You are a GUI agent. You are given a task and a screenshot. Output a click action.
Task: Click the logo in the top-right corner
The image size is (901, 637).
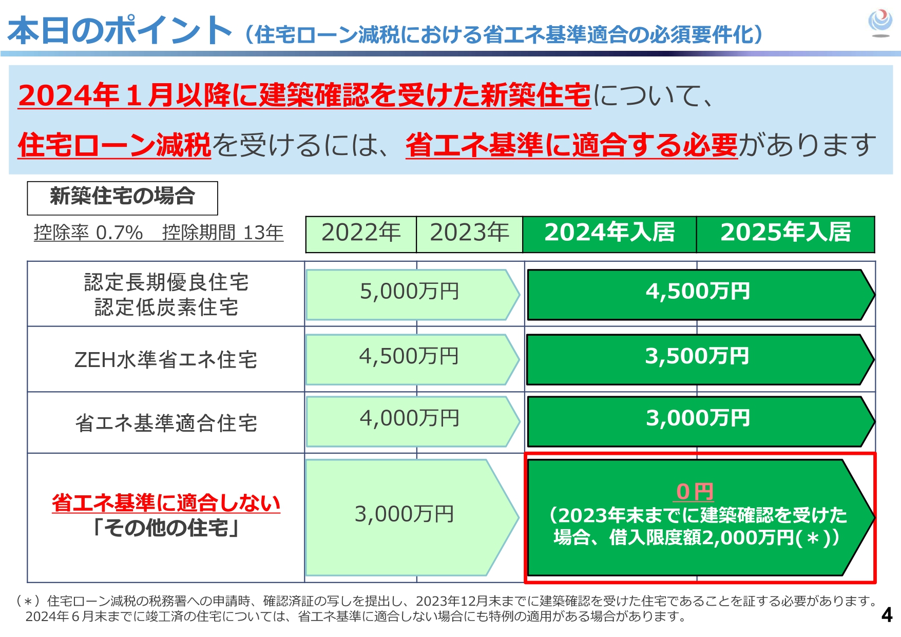coord(880,23)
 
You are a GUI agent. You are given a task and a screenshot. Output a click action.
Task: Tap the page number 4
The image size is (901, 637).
coord(887,614)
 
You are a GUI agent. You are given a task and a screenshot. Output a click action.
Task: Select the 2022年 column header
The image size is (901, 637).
coord(361,233)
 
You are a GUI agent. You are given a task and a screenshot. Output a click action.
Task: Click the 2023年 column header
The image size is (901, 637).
coord(469,233)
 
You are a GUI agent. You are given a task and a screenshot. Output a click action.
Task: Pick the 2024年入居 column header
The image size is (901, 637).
coord(609,233)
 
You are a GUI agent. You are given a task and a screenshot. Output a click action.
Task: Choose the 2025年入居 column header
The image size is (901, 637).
coord(785,233)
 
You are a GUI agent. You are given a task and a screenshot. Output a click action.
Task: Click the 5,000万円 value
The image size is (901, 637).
coord(410,292)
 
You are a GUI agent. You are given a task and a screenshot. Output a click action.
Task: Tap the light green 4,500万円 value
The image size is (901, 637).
coord(409,356)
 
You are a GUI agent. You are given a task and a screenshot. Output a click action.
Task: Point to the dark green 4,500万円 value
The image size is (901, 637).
coord(698,292)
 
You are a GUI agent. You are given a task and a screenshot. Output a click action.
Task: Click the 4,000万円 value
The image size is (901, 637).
coord(410,418)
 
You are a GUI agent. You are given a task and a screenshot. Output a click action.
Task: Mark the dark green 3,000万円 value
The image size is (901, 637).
coord(698,418)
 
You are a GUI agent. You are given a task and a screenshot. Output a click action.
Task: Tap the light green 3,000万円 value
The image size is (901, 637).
coord(405,514)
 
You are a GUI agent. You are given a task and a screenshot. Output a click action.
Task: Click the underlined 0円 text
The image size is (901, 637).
coord(695,492)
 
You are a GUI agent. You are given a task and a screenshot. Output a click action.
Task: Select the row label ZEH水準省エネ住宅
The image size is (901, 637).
coord(166,360)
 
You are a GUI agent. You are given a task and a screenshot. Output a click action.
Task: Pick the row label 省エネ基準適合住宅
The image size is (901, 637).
coord(166,423)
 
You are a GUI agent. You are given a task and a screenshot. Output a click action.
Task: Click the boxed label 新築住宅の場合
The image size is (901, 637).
coord(122,197)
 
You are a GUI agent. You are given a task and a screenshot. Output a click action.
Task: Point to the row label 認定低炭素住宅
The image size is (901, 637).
coord(166,307)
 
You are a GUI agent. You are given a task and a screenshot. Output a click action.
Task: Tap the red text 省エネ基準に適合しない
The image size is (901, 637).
coord(166,503)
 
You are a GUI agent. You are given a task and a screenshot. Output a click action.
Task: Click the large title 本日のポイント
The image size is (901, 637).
coord(120,31)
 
